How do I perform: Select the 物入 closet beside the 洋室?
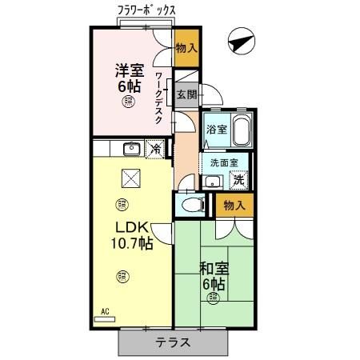[x=186, y=49]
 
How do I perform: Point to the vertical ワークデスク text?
[x=160, y=96]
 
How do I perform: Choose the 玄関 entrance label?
[x=186, y=94]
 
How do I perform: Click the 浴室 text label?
[x=216, y=129]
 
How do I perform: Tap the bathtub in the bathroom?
[x=241, y=129]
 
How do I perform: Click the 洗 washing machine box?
[x=238, y=181]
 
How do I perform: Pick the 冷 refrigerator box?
[x=157, y=148]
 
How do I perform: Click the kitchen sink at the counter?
[x=131, y=148]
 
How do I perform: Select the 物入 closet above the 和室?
[x=235, y=206]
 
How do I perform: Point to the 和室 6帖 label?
[x=212, y=275]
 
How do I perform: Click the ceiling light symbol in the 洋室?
[x=127, y=102]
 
